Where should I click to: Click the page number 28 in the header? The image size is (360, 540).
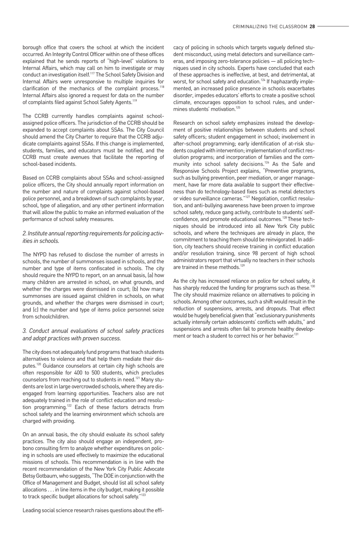pyautogui.click(x=312, y=27)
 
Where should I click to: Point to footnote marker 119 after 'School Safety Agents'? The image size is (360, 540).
pyautogui.click(x=134, y=100)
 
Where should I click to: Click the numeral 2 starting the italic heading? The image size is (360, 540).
pyautogui.click(x=24, y=233)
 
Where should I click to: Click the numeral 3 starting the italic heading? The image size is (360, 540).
pyautogui.click(x=24, y=331)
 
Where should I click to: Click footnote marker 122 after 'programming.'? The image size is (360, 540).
pyautogui.click(x=69, y=405)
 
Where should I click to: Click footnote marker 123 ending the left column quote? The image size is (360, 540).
pyautogui.click(x=143, y=495)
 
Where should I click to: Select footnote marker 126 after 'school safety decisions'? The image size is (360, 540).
pyautogui.click(x=267, y=163)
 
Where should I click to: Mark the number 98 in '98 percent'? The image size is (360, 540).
pyautogui.click(x=256, y=253)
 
